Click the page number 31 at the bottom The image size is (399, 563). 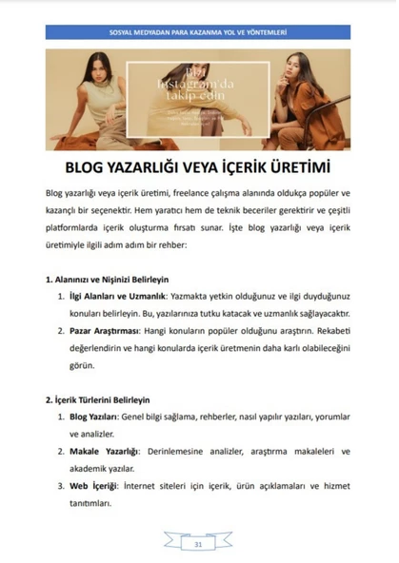coord(198,545)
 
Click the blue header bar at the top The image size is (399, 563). coord(198,31)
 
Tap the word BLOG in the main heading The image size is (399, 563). coord(89,167)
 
